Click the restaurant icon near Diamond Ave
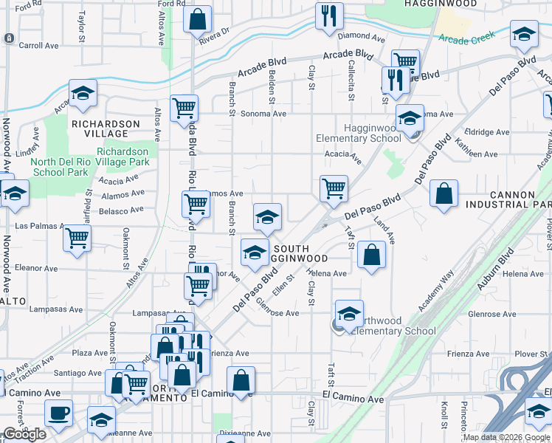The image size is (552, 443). pos(329,16)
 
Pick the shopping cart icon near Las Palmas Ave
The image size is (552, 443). pos(77,238)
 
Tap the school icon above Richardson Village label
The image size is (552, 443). pos(83,93)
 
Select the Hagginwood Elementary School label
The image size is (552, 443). pos(359,133)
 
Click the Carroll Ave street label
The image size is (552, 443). pos(38,46)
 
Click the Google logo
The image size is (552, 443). pos(24,434)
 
